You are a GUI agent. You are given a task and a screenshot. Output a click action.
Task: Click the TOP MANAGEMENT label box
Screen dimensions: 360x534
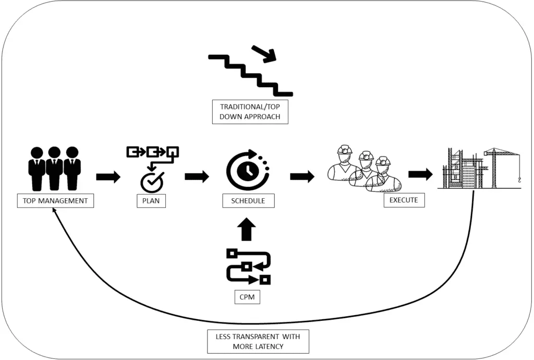click(55, 200)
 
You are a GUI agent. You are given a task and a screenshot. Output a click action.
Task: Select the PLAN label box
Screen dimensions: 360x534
click(151, 201)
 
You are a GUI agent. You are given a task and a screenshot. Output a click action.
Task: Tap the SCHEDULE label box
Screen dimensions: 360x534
click(248, 201)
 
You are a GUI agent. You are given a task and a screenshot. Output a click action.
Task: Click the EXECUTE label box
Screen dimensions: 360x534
click(404, 200)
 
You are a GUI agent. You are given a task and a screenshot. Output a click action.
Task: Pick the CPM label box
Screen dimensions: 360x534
click(247, 298)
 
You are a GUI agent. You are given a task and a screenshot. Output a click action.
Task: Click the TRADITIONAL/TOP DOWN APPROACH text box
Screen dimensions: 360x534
click(250, 112)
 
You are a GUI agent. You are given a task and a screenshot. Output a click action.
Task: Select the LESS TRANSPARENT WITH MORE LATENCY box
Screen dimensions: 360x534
click(258, 341)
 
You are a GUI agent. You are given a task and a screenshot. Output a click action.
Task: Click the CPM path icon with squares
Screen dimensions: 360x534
click(248, 266)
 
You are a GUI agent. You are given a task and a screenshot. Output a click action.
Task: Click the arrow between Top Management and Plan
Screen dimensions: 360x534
click(108, 176)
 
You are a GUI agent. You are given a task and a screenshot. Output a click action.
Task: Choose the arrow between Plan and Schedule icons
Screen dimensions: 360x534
click(197, 176)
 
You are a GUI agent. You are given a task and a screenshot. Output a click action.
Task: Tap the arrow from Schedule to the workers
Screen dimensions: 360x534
click(302, 176)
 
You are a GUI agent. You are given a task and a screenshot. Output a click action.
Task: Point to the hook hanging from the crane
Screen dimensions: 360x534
click(519, 181)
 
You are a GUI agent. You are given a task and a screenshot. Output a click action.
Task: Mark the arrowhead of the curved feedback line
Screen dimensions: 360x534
click(54, 211)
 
